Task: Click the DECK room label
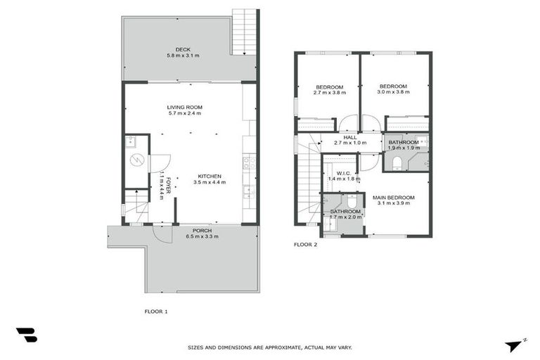pyautogui.click(x=184, y=49)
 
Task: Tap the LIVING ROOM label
pyautogui.click(x=184, y=107)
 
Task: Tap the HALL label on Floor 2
pyautogui.click(x=349, y=137)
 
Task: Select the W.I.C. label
pyautogui.click(x=344, y=173)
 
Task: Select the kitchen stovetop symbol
pyautogui.click(x=248, y=163)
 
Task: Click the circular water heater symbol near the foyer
pyautogui.click(x=138, y=159)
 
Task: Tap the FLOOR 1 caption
pyautogui.click(x=155, y=311)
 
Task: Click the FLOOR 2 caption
pyautogui.click(x=305, y=245)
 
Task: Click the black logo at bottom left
pyautogui.click(x=26, y=335)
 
